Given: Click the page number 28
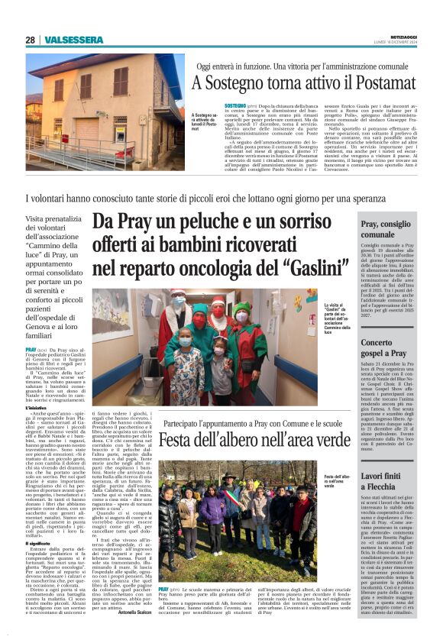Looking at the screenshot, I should pyautogui.click(x=31, y=40).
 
